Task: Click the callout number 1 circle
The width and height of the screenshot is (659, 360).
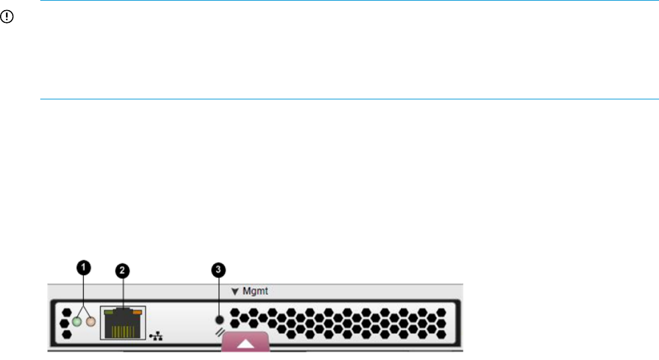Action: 83,268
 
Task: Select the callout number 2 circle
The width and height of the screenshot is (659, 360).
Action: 122,271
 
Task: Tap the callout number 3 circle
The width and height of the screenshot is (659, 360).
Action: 218,270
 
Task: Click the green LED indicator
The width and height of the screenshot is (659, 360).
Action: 77,322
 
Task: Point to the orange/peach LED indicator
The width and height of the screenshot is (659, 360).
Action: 89,322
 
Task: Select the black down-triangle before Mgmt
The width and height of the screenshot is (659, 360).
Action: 235,291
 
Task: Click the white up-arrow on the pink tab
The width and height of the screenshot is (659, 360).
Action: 245,343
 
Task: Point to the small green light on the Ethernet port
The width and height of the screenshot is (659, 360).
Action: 109,312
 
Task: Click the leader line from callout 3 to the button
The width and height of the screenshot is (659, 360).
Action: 218,296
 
